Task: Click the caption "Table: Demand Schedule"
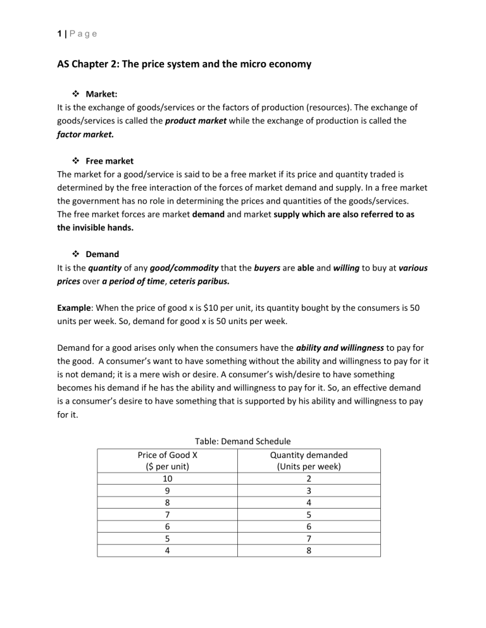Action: coord(239,442)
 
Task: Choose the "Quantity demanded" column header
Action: coord(308,455)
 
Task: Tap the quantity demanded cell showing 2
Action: coord(308,479)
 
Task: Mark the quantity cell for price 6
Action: coord(308,527)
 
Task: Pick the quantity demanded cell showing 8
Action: coord(308,550)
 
